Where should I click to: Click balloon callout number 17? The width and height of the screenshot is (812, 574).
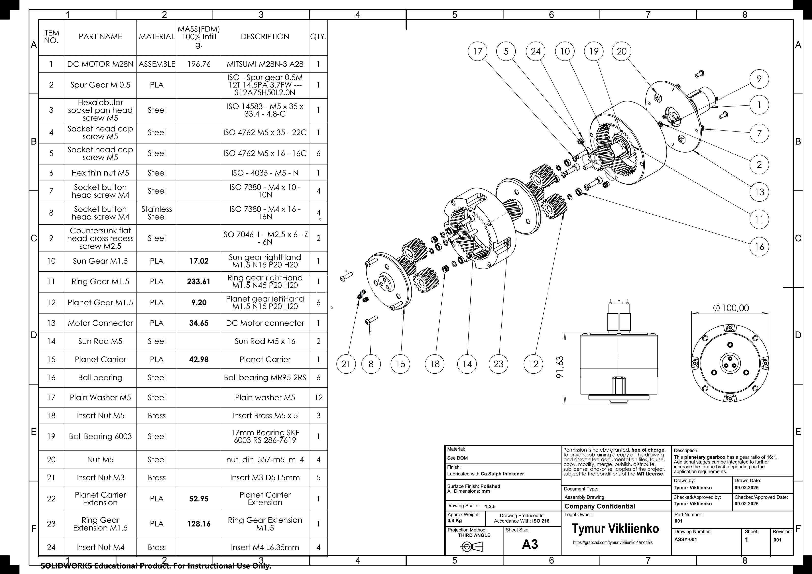(x=478, y=51)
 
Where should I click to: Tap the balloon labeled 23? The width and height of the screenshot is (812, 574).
(x=498, y=364)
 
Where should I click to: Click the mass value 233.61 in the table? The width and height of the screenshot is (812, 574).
(x=199, y=281)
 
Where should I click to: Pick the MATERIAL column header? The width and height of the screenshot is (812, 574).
(x=157, y=36)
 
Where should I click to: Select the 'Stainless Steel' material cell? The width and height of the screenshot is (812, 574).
(x=157, y=213)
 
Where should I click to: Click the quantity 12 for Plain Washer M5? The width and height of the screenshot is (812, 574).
(x=318, y=397)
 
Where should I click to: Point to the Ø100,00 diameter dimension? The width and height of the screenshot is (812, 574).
(x=731, y=308)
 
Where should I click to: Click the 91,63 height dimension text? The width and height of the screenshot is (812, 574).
(x=560, y=367)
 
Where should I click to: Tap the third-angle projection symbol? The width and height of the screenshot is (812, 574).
(x=472, y=547)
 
